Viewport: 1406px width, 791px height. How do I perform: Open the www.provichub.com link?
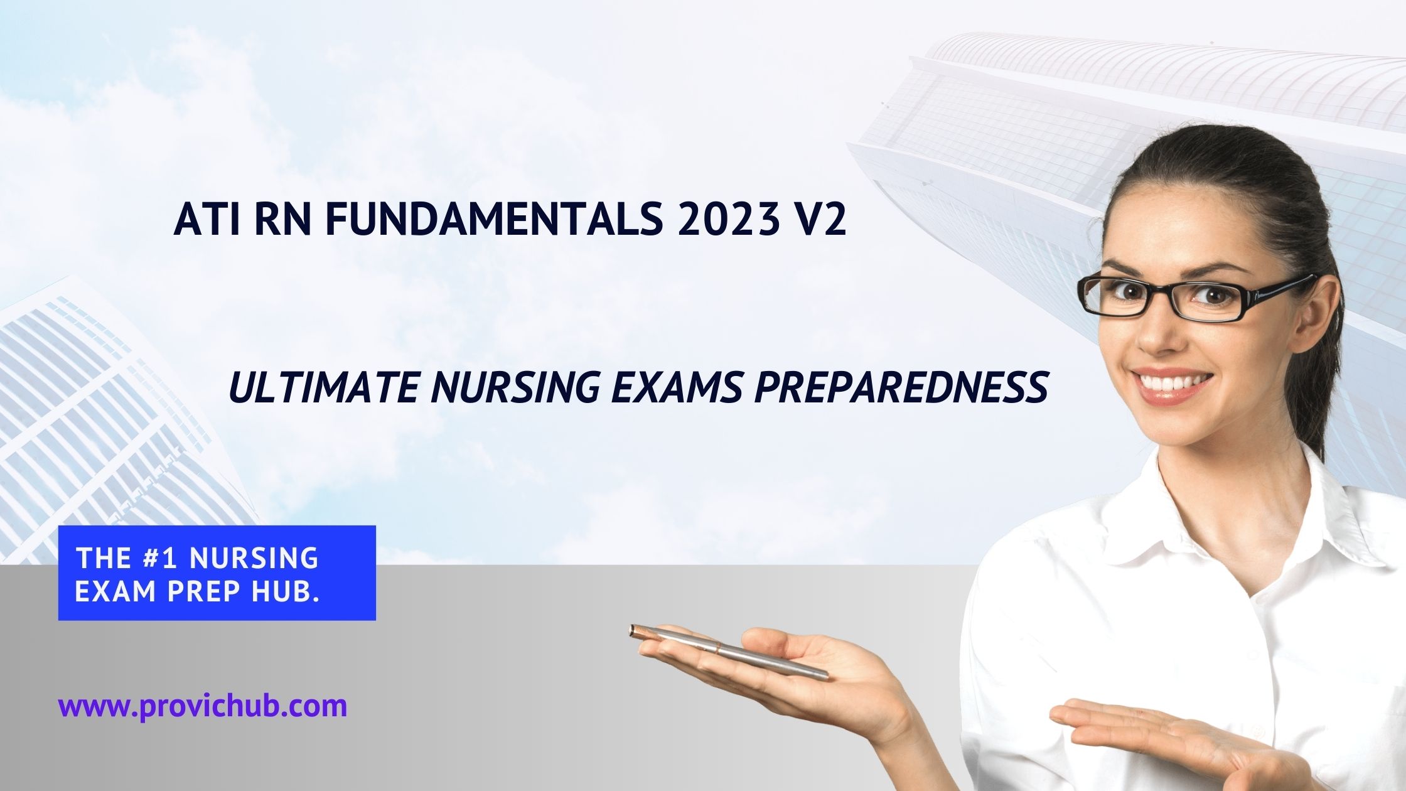[x=202, y=706]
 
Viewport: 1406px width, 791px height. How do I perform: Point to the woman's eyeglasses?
[x=1193, y=295]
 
